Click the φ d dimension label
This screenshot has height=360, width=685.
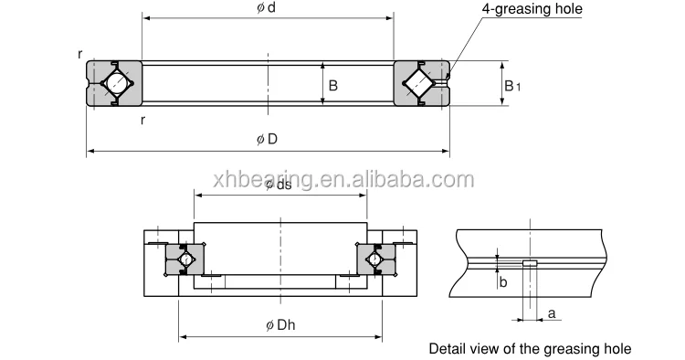pos(266,8)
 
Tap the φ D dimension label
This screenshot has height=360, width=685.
pos(267,140)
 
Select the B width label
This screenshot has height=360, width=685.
pos(332,86)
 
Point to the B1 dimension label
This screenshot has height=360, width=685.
pos(512,86)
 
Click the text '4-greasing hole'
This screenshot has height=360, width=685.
pos(532,9)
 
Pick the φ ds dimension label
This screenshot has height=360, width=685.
pos(279,185)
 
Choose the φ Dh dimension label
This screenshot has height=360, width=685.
pos(280,324)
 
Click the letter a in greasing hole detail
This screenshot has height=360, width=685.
pos(552,313)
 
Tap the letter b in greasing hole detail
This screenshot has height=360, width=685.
pos(503,282)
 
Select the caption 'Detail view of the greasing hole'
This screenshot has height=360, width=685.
pos(530,349)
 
